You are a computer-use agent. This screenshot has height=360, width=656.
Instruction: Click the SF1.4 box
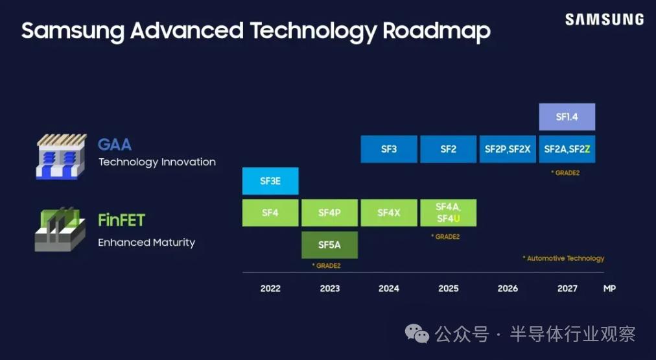click(567, 117)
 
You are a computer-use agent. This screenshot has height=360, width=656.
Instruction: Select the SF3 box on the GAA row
click(389, 149)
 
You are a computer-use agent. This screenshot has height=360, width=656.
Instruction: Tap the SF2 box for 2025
click(449, 149)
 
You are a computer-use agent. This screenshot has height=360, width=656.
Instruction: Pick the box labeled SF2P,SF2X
click(508, 149)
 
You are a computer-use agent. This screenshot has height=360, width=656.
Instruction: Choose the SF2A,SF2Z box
click(567, 149)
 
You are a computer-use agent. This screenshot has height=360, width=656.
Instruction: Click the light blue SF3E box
click(270, 181)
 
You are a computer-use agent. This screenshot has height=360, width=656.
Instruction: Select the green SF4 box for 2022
click(270, 213)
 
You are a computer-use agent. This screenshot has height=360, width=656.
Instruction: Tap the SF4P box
click(330, 213)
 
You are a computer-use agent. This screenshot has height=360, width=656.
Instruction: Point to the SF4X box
click(389, 213)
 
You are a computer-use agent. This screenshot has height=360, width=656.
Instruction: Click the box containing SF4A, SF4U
click(449, 213)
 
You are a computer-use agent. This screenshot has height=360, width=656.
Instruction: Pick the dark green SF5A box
click(330, 245)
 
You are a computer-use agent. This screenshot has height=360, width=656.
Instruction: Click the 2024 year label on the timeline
click(389, 289)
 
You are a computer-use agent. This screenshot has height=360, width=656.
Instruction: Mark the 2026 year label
click(508, 289)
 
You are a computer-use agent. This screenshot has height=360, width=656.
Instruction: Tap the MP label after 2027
click(609, 289)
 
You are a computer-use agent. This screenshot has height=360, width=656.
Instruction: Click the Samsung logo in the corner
click(605, 19)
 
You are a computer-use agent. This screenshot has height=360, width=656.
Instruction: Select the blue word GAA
click(115, 145)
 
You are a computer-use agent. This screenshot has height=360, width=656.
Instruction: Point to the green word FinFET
click(121, 220)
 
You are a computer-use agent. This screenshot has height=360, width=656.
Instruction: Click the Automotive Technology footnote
click(563, 258)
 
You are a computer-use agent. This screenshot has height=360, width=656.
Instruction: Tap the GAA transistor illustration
click(62, 156)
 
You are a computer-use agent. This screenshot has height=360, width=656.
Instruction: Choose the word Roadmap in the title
click(436, 31)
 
